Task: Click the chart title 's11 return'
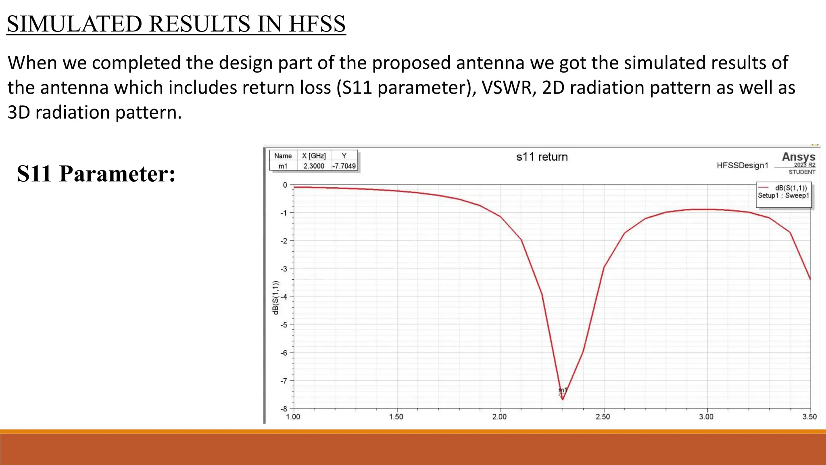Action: click(542, 157)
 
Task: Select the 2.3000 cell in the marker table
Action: click(314, 166)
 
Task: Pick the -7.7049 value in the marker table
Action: click(344, 166)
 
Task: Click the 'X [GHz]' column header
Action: click(314, 156)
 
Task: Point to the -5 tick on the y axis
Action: click(285, 325)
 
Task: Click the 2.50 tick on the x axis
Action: click(603, 417)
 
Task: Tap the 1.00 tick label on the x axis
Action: click(293, 417)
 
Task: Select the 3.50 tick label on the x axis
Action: click(809, 417)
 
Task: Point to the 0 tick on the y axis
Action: click(285, 185)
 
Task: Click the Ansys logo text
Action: click(798, 157)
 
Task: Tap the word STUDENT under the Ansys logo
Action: click(802, 172)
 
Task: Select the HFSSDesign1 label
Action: click(743, 165)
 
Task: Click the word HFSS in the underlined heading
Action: click(317, 24)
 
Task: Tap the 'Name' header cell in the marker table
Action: click(283, 156)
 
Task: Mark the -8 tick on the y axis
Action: click(284, 409)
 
